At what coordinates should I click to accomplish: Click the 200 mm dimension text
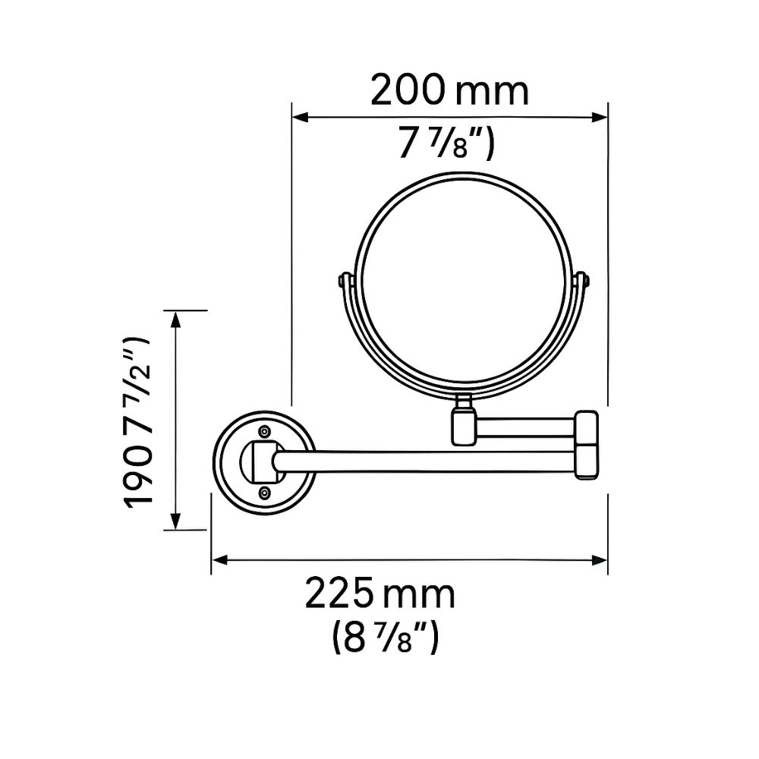point(449,91)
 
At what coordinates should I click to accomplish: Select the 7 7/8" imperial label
point(446,143)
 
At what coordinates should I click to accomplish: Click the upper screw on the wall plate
point(264,431)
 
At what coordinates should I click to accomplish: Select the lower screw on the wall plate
point(264,493)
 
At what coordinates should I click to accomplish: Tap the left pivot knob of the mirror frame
point(342,282)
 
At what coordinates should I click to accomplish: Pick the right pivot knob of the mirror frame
point(585,281)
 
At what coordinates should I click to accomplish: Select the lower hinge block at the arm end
point(587,462)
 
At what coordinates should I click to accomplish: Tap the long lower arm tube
point(425,461)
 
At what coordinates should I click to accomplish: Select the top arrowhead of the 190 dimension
point(176,317)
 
